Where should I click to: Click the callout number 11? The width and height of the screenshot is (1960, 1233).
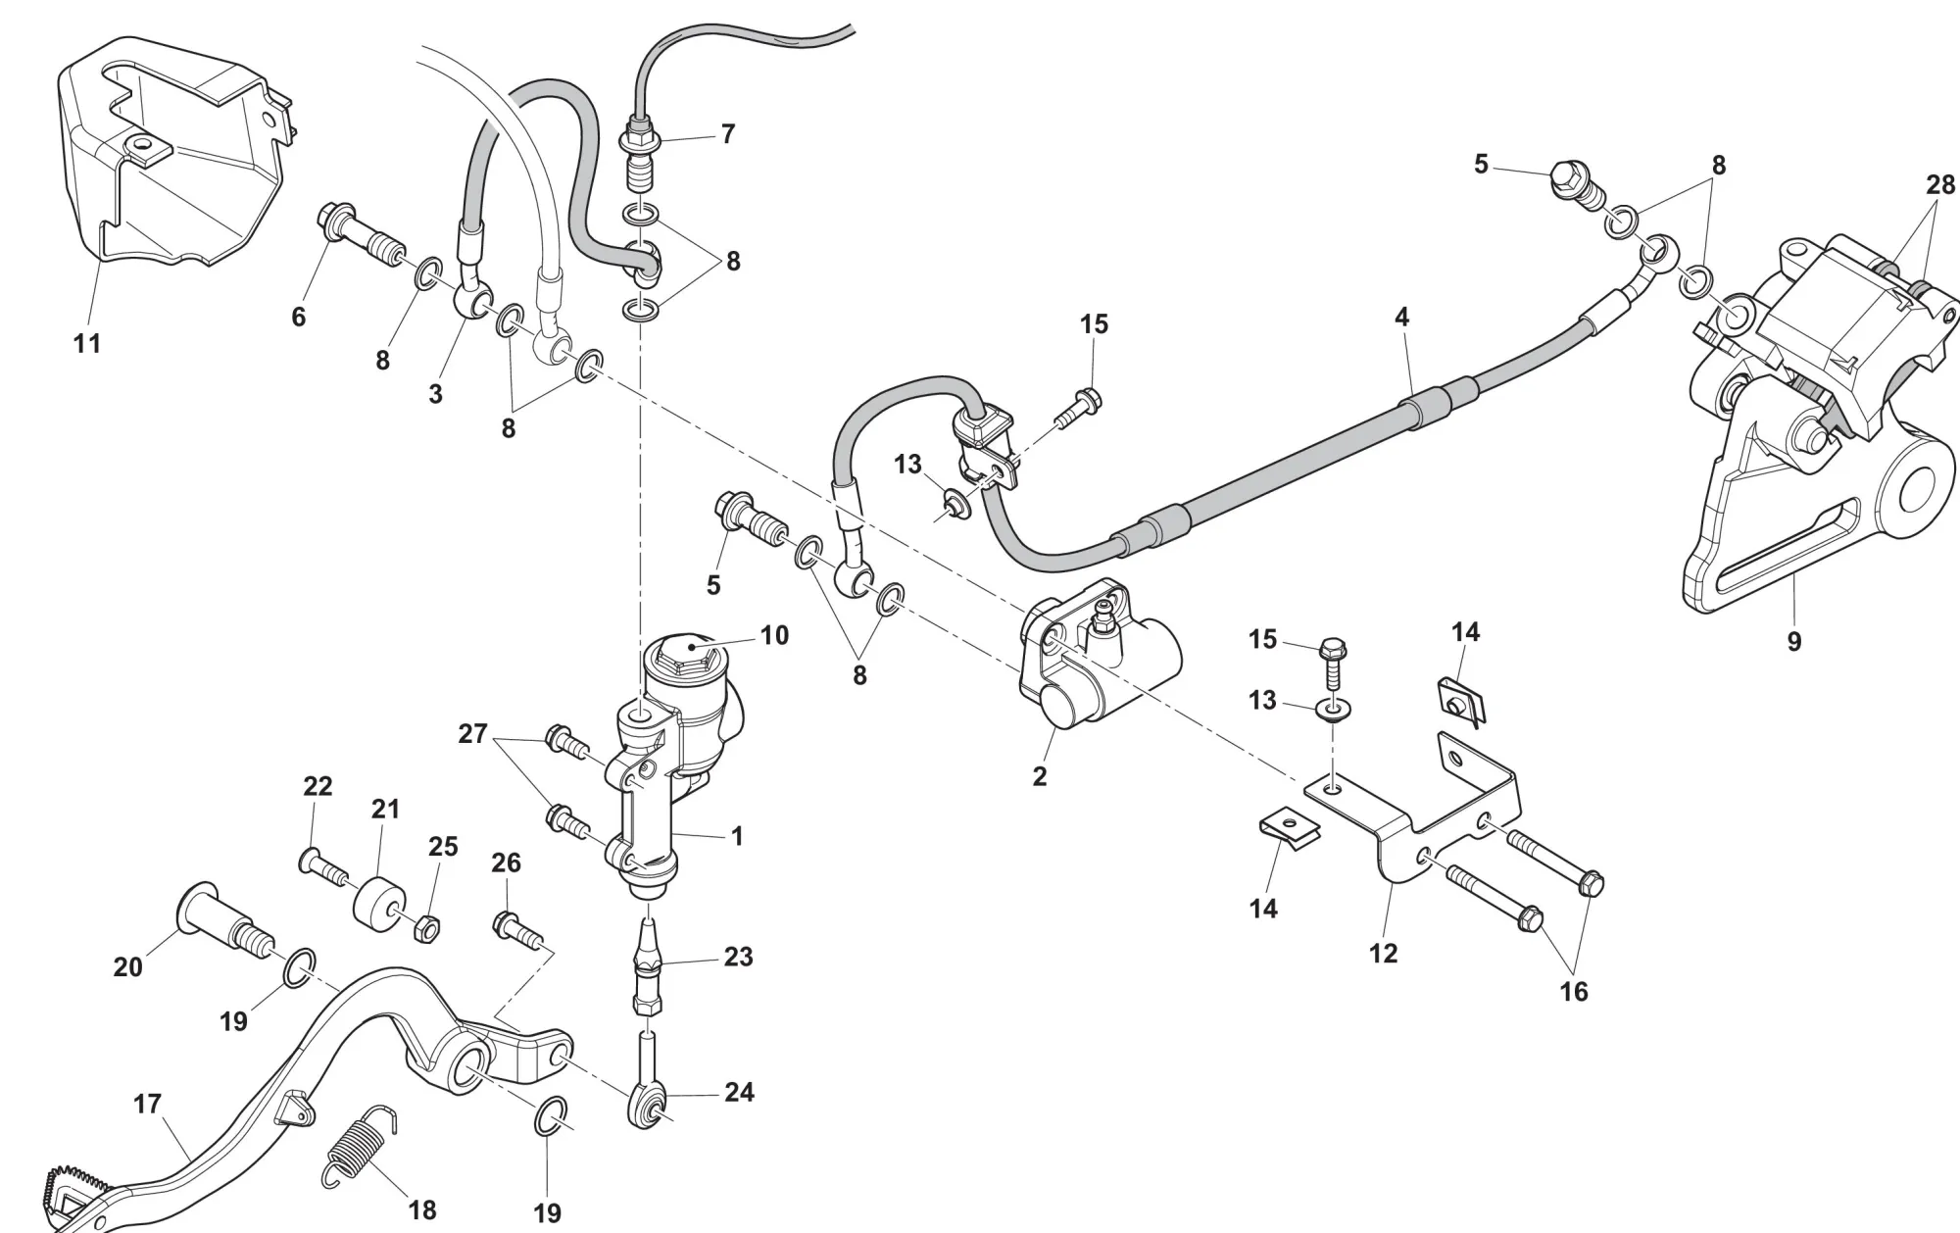(87, 343)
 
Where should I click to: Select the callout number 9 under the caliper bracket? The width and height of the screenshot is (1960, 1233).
(1792, 642)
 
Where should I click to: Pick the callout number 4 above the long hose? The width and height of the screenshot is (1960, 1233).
(1401, 318)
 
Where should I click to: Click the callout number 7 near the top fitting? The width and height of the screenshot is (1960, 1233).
(727, 134)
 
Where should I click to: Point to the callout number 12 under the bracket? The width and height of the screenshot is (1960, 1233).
(1383, 953)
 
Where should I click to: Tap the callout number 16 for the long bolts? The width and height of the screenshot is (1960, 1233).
(1573, 992)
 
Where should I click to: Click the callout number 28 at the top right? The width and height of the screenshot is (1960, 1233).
(1939, 184)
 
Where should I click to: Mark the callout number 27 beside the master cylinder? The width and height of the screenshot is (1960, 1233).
(472, 733)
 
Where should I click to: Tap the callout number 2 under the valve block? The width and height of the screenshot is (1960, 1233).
(1039, 776)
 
